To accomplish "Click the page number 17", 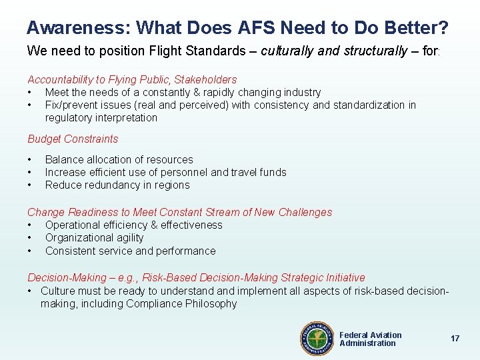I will coord(455,339).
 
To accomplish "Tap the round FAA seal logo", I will coord(317,339).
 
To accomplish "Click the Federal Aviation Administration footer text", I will coord(370,339).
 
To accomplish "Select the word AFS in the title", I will coord(254,28).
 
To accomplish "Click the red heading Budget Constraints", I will coord(73,139).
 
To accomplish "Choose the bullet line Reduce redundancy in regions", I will coord(117,185).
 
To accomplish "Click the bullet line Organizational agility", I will coord(94,238).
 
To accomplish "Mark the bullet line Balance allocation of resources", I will coord(119,160).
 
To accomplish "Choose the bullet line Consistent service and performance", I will coord(130,251).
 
